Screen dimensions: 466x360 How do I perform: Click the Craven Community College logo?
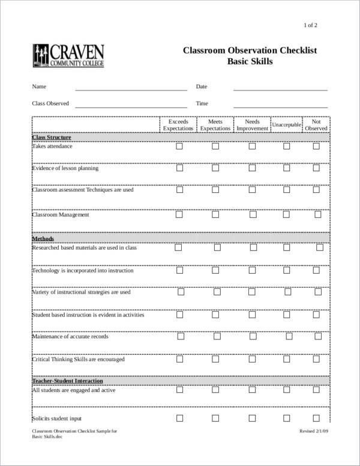point(67,55)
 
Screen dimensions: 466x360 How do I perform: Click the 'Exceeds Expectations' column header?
point(178,125)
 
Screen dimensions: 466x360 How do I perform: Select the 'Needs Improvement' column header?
point(252,125)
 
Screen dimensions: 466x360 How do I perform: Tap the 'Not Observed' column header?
point(316,125)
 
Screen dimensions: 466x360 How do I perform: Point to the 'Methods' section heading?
point(43,238)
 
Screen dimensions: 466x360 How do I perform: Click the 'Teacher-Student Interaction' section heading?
point(67,381)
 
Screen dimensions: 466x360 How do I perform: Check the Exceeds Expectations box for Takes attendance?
point(179,147)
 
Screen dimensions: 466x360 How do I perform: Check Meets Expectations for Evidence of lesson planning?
point(215,169)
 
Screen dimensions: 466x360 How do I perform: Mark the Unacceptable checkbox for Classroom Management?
point(287,214)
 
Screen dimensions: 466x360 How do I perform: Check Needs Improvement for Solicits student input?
point(252,419)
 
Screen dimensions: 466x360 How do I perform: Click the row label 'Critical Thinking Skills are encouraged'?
point(78,360)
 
